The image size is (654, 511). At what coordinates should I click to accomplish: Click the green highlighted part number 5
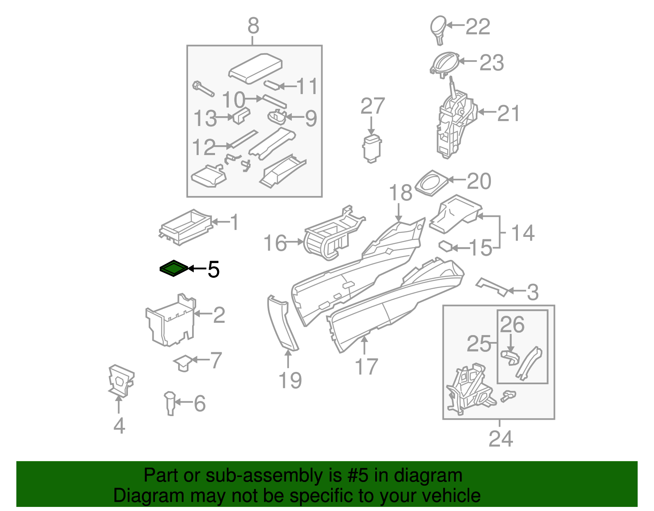point(174,268)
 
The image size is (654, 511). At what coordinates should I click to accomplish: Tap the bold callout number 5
point(213,270)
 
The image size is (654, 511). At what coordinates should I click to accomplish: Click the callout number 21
point(508,113)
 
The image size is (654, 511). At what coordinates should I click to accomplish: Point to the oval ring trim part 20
point(432,183)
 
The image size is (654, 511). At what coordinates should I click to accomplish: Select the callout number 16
point(275,243)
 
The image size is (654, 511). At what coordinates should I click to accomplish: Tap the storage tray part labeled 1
point(186,227)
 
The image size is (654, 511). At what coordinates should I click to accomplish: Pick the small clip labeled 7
point(183,362)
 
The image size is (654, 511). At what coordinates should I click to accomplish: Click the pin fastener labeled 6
point(170,403)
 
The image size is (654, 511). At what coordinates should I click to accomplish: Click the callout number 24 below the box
point(500,439)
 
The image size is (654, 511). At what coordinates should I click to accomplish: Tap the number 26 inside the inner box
point(512,325)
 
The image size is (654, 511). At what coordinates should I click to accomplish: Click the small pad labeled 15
point(445,246)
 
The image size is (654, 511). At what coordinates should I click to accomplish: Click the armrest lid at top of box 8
point(255,67)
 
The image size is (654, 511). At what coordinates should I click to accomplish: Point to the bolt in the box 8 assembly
point(203,88)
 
